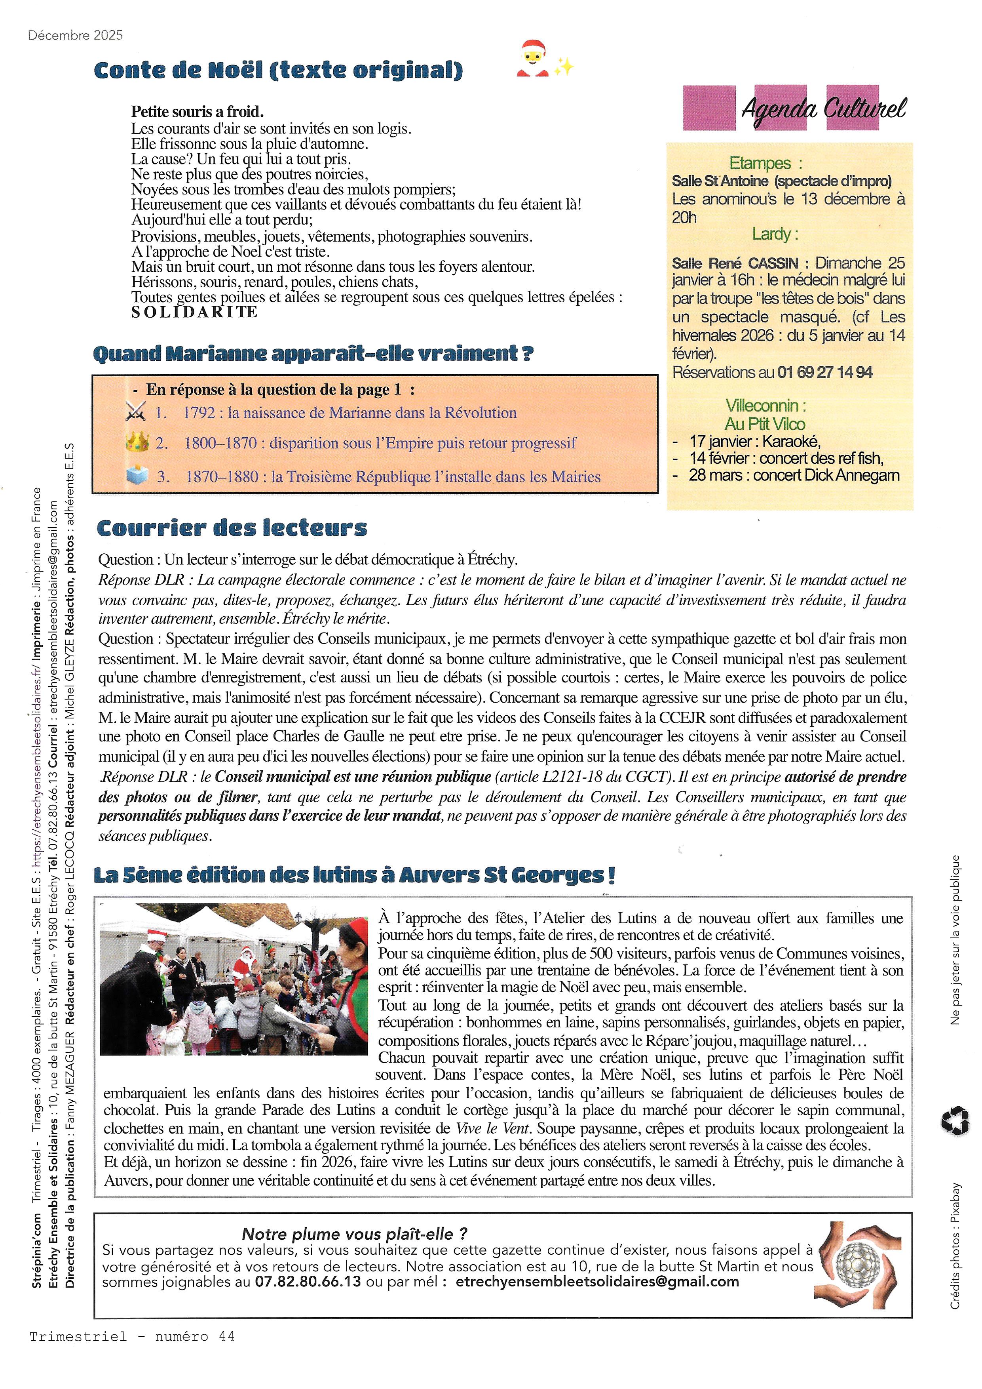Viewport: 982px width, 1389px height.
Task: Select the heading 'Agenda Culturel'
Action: click(824, 109)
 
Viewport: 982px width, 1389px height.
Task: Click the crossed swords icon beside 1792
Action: click(135, 413)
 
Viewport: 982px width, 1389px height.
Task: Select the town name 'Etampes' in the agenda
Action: click(760, 163)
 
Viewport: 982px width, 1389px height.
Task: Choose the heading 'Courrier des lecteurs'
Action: click(232, 528)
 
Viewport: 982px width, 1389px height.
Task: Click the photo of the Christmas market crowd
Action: click(234, 978)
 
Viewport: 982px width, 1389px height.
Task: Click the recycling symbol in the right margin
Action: click(955, 1120)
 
